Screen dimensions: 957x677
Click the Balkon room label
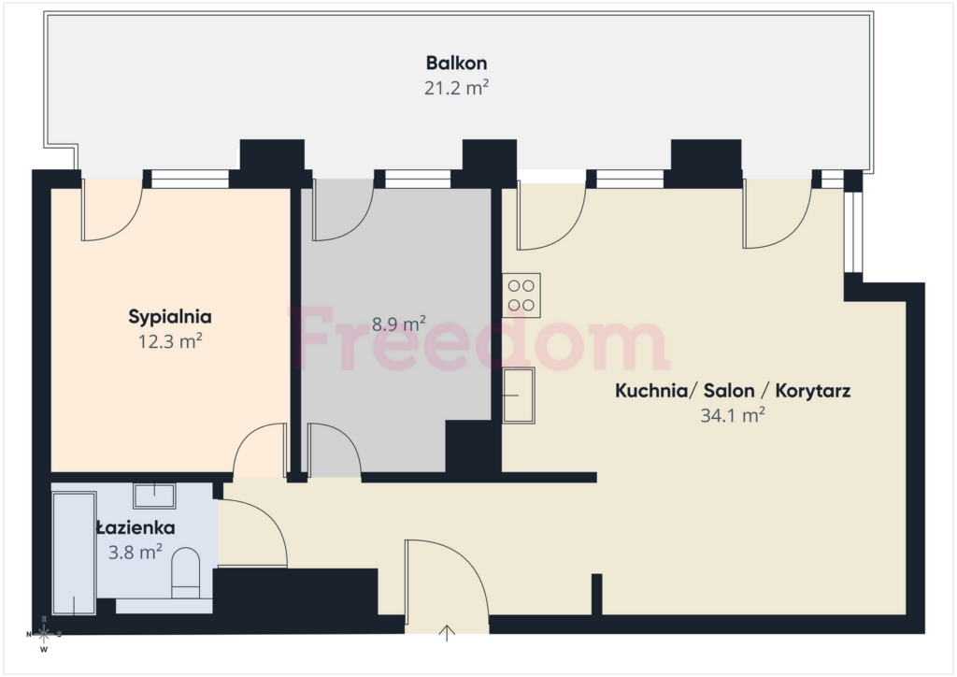(456, 63)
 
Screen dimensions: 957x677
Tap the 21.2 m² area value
(456, 88)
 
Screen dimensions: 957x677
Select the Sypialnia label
(170, 317)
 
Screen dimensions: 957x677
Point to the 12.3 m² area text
(170, 341)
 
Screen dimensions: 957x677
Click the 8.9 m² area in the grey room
(399, 324)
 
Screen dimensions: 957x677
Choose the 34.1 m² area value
(733, 416)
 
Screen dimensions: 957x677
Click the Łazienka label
(136, 528)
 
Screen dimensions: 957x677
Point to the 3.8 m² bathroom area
(136, 553)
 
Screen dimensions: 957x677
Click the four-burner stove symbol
(521, 295)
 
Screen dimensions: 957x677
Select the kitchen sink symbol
(519, 396)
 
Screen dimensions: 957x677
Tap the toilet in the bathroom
(186, 573)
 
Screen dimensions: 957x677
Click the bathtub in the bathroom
(74, 553)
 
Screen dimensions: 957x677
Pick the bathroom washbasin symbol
(154, 496)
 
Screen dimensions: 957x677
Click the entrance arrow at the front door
(448, 633)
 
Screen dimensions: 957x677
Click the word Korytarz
(813, 391)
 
